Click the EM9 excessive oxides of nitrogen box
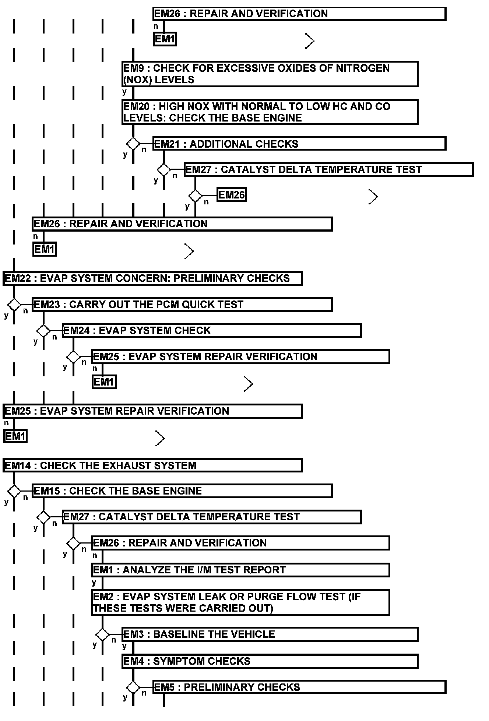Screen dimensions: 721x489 270,74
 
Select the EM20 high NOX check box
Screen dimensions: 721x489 270,112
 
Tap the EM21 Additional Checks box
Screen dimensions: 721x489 299,144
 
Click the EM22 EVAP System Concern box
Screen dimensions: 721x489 152,278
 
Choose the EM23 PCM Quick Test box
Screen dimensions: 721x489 182,305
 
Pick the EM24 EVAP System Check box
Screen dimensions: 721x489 211,331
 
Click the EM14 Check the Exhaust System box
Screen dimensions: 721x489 152,465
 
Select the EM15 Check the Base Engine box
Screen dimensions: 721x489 182,491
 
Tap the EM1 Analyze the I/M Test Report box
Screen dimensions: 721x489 240,570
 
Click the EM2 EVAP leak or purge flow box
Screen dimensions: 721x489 240,602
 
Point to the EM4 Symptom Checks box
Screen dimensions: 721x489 270,661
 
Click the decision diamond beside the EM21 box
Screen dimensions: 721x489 133,143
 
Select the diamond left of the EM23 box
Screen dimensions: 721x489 14,305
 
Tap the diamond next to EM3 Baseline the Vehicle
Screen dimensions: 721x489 102,634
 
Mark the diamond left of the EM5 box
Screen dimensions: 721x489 133,687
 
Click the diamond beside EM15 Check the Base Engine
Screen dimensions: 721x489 14,491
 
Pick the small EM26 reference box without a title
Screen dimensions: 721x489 231,195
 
